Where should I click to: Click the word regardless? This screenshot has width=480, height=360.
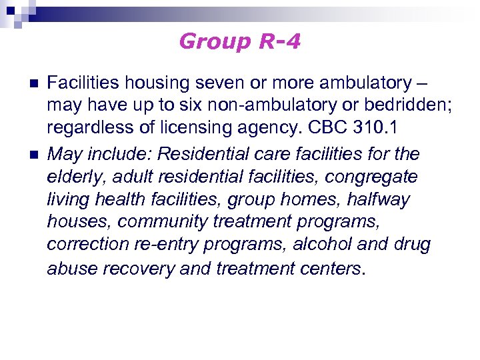pos(86,129)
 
